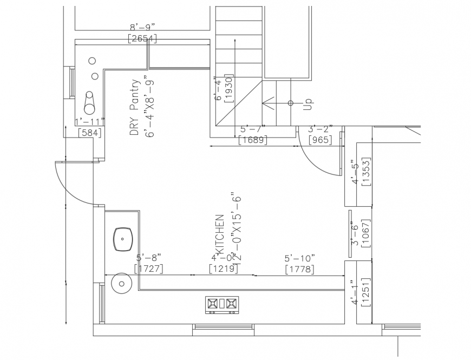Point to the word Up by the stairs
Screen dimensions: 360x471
(x=308, y=104)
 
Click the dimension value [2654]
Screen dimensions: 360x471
(x=142, y=38)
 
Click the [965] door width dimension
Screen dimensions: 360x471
(x=320, y=140)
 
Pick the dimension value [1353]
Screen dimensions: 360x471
(x=367, y=172)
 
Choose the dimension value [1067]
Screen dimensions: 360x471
(x=367, y=233)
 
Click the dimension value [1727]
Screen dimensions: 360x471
(x=148, y=268)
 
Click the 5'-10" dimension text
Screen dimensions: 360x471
(x=299, y=258)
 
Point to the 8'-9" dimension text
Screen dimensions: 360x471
(x=142, y=27)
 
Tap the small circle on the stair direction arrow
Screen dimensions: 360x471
(x=291, y=103)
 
